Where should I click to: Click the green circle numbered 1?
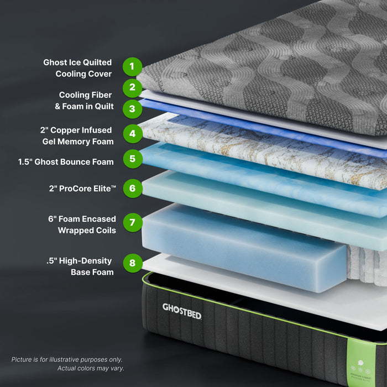pos(132,67)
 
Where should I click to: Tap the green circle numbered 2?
pos(132,87)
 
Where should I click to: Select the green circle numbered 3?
pos(132,108)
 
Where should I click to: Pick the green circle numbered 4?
pos(132,133)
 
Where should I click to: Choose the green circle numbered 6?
pos(132,189)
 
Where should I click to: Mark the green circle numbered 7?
pos(132,223)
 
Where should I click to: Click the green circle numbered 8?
pos(132,263)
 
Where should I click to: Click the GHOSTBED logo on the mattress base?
pos(181,311)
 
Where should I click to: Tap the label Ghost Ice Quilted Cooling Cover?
pos(78,68)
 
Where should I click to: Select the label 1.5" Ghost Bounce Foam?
pos(66,162)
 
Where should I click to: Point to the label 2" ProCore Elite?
pos(83,189)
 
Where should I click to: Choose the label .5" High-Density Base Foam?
pos(80,266)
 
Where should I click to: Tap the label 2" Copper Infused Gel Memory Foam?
pos(77,136)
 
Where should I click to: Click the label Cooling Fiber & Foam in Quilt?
pos(85,101)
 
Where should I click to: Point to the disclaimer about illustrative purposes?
pos(67,364)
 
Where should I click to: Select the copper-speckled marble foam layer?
pos(260,149)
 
